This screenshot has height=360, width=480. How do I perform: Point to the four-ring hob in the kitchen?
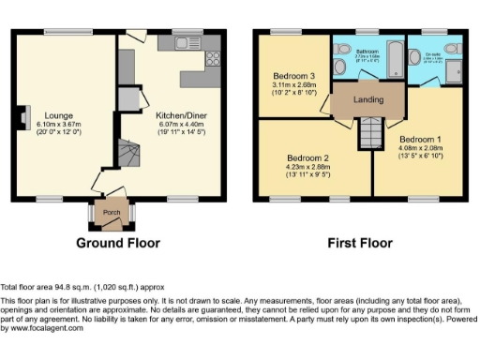212,59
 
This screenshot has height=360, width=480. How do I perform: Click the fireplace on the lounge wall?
19,120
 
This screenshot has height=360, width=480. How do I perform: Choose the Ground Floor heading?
117,243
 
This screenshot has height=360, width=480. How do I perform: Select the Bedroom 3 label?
295,75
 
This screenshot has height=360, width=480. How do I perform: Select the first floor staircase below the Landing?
370,132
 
